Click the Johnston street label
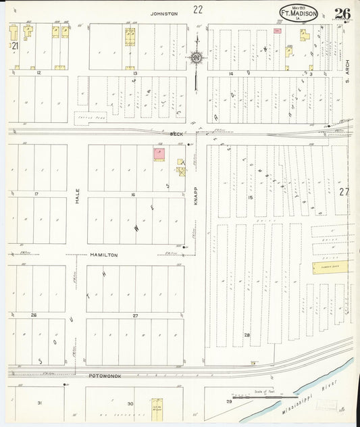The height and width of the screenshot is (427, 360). point(164,14)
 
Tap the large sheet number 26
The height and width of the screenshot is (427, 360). point(342,13)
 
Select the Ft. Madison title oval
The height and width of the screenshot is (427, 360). point(299,14)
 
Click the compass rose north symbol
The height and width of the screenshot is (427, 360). point(196,58)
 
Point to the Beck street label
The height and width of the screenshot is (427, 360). point(177,134)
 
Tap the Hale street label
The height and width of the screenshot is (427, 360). point(77,196)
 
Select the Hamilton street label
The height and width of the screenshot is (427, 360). point(104,255)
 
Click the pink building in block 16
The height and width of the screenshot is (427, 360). point(159,155)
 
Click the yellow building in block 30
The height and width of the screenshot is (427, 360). point(157,407)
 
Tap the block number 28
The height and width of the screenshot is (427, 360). point(247,335)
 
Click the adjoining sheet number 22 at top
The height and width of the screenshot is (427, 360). point(197,9)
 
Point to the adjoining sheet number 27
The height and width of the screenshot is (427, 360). point(344,192)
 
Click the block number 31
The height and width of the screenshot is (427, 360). point(39,403)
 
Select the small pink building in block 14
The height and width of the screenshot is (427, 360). point(277,30)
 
